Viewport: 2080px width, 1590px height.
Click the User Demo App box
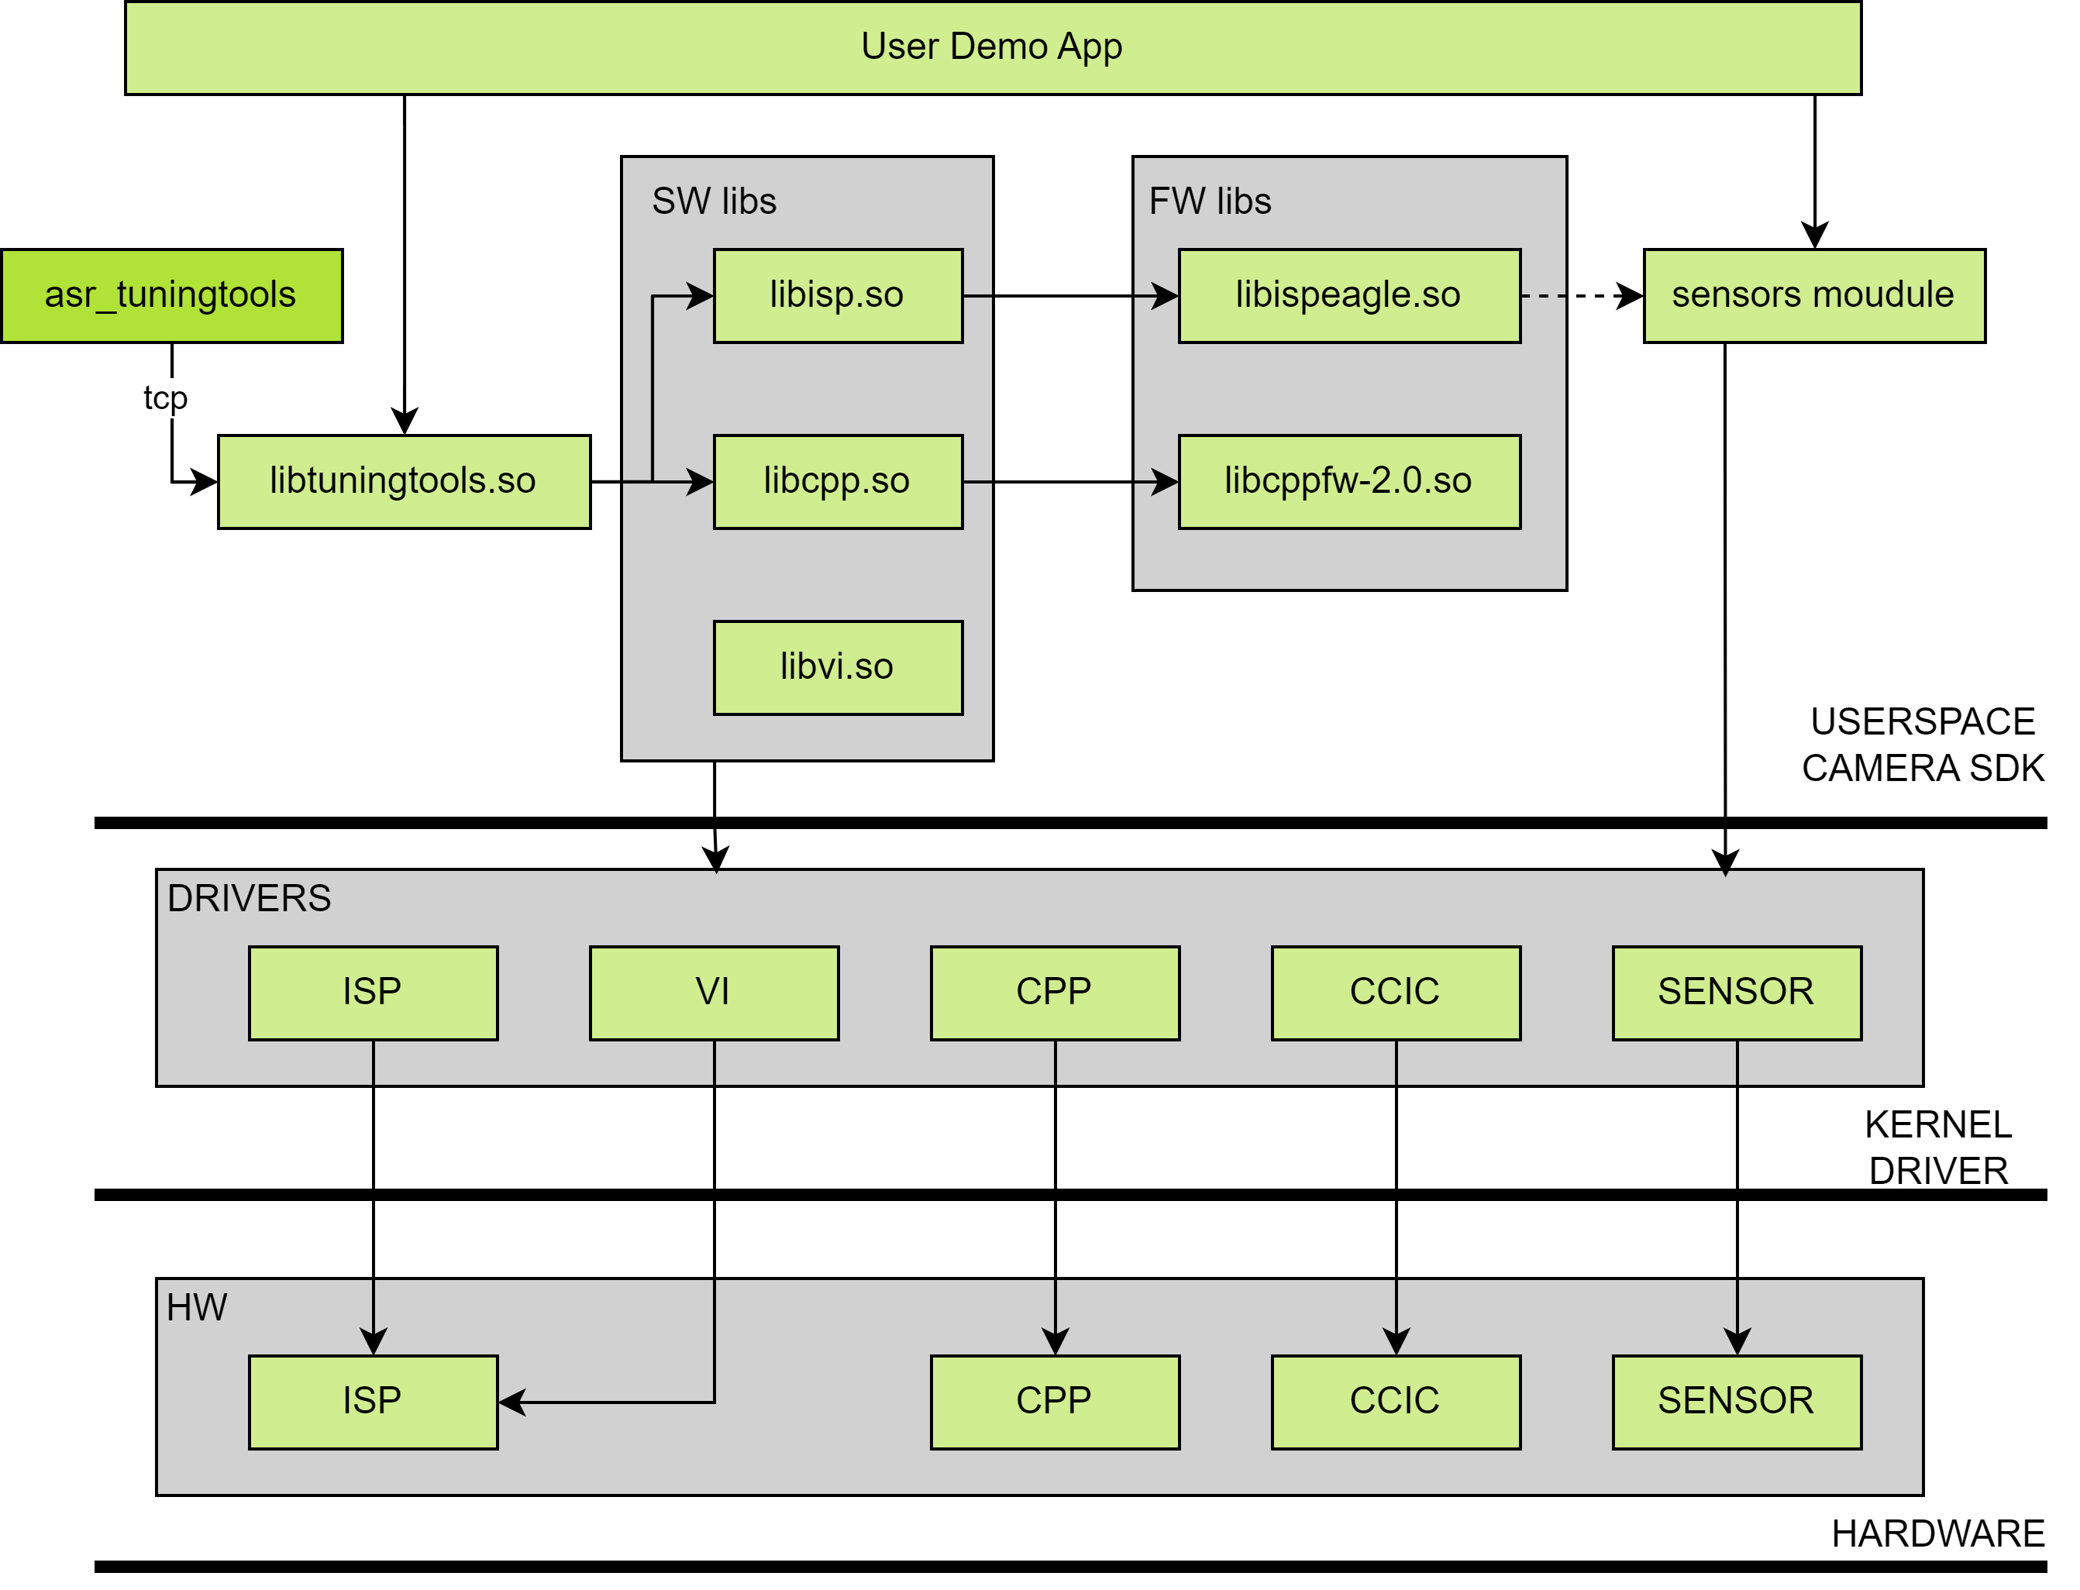pyautogui.click(x=992, y=47)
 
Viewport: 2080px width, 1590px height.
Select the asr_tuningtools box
pyautogui.click(x=171, y=295)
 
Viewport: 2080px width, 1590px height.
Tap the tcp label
pyautogui.click(x=166, y=397)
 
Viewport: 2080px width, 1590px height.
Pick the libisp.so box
pyautogui.click(x=838, y=295)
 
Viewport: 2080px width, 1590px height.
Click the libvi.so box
pyautogui.click(x=838, y=667)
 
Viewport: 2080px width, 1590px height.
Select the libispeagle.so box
pyautogui.click(x=1348, y=295)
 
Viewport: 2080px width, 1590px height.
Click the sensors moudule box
pyautogui.click(x=1813, y=295)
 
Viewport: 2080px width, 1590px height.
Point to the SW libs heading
pyautogui.click(x=714, y=201)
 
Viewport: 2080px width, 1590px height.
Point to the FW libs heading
pyautogui.click(x=1210, y=201)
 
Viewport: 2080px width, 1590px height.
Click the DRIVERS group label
pyautogui.click(x=249, y=898)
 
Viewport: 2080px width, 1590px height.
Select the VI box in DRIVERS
pyautogui.click(x=714, y=992)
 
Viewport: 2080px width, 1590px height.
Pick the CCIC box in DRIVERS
pyautogui.click(x=1395, y=992)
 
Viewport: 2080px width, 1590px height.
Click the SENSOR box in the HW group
pyautogui.click(x=1736, y=1401)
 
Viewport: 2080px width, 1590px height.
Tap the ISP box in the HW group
pyautogui.click(x=373, y=1401)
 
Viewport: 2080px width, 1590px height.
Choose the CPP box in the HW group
pyautogui.click(x=1054, y=1401)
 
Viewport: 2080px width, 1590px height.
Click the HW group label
pyautogui.click(x=197, y=1308)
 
